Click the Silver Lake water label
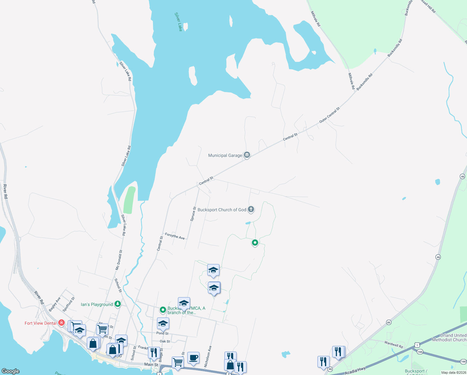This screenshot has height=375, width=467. point(179,22)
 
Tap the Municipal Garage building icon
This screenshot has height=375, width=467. point(247,155)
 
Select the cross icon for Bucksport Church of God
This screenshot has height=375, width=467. point(251,209)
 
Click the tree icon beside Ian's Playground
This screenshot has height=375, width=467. point(118,304)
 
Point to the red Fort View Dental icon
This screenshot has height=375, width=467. point(61,323)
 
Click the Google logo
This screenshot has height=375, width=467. point(11,371)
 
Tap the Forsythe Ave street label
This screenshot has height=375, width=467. point(175,236)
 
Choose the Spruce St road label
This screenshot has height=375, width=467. point(193,214)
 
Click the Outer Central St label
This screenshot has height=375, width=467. point(329,115)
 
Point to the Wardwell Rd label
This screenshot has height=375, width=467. point(394,344)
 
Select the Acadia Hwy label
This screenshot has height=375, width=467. point(355,371)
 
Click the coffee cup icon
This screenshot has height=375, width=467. point(193,357)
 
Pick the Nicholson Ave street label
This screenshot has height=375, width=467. point(208,356)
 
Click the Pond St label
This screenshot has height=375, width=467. point(162,333)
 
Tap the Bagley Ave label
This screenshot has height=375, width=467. point(55,304)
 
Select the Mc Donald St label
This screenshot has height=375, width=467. point(119,260)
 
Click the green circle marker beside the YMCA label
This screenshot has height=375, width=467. point(163,310)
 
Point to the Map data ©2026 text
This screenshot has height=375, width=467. point(453,372)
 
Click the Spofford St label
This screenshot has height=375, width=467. point(69,304)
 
